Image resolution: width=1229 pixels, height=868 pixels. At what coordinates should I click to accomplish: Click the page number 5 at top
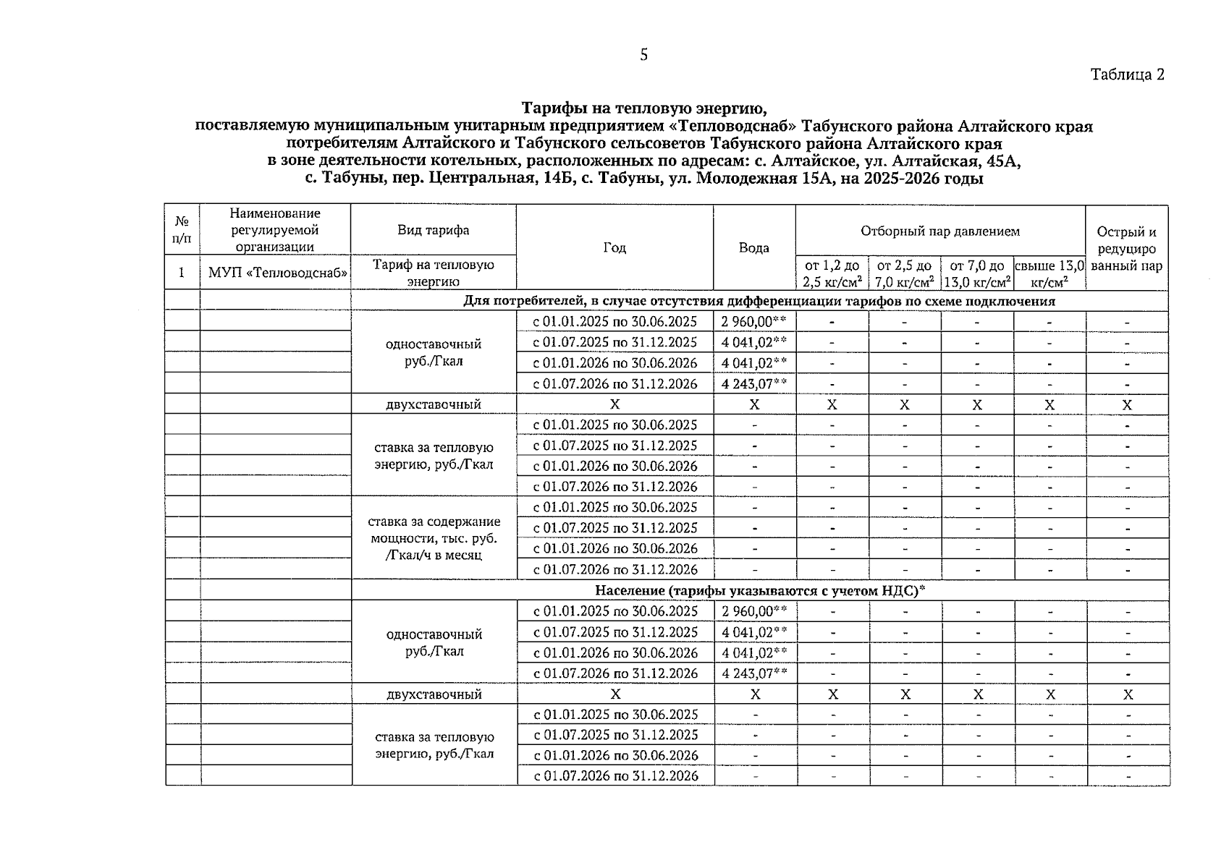[x=643, y=56]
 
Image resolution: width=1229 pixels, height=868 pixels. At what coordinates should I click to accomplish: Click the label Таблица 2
[x=1127, y=75]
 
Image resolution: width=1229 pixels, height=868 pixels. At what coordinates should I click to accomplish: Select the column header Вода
[x=753, y=248]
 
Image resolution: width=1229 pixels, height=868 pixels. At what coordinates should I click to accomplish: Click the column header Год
[x=614, y=248]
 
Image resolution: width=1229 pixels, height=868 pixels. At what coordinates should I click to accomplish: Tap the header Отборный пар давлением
[x=939, y=231]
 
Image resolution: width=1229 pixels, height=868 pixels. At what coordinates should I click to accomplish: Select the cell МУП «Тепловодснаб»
[x=275, y=273]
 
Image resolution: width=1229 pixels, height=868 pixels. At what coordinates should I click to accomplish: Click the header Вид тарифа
[x=433, y=230]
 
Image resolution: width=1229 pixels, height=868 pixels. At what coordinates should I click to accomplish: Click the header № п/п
[x=182, y=230]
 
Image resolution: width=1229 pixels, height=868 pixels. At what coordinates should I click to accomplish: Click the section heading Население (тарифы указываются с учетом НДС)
[x=759, y=591]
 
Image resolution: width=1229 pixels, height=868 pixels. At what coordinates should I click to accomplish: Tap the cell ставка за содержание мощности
[x=433, y=538]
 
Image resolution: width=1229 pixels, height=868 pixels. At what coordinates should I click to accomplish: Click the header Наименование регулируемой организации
[x=275, y=230]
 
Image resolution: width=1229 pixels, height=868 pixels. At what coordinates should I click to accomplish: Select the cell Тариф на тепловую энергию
[x=433, y=273]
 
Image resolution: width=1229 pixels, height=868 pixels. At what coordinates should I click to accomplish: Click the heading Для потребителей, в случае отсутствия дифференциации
[x=759, y=302]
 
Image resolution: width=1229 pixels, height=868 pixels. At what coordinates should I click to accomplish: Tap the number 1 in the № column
[x=182, y=273]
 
